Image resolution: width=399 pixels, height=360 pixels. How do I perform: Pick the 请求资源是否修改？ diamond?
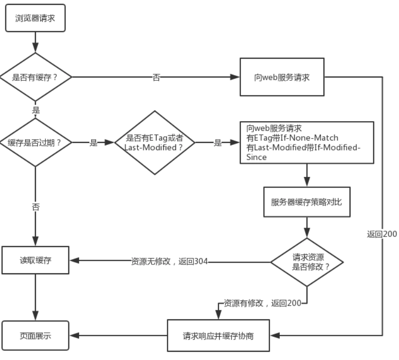(307, 262)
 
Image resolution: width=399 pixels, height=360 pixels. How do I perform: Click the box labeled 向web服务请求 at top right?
(282, 77)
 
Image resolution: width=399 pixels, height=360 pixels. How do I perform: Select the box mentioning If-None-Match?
(306, 142)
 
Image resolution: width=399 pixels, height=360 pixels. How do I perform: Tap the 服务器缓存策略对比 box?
(306, 202)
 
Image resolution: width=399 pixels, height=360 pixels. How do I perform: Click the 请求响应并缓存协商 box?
(218, 335)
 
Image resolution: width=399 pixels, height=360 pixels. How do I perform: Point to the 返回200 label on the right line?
(382, 234)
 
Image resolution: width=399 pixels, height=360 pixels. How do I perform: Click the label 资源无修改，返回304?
(169, 262)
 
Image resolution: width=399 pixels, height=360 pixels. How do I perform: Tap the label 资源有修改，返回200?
(262, 303)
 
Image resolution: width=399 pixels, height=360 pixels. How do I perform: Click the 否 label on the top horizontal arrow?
(156, 78)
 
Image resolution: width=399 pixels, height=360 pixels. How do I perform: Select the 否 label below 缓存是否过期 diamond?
(36, 207)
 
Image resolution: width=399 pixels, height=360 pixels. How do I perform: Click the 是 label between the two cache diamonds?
(94, 143)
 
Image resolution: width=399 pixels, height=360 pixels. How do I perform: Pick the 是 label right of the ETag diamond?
(218, 143)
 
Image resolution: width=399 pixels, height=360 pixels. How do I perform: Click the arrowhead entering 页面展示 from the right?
(75, 335)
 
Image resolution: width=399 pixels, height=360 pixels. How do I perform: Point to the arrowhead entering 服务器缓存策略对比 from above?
(306, 183)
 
